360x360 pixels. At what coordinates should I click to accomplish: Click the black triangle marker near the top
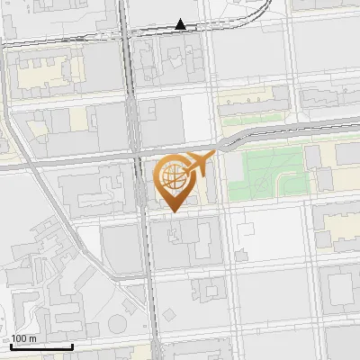181,24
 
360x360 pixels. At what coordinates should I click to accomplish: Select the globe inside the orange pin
173,176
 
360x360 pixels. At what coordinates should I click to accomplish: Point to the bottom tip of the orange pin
173,212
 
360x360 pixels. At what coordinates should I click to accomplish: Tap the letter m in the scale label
33,338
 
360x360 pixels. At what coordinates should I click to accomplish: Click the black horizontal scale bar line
41,346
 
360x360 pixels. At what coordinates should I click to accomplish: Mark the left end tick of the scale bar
11,346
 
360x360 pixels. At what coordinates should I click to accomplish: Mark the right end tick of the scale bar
72,346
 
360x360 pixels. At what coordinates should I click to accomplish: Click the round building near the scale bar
117,325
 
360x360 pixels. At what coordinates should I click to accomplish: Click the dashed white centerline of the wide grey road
90,163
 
